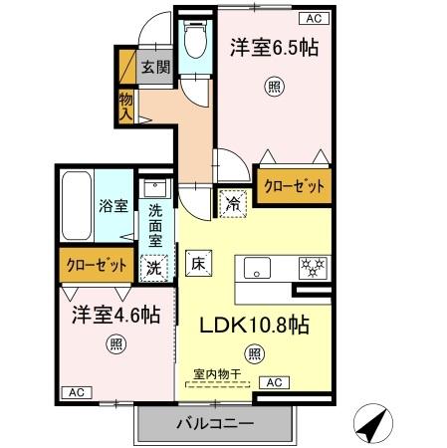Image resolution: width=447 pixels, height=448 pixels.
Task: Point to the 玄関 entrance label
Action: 154,68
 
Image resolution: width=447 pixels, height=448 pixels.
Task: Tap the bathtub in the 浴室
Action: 78,205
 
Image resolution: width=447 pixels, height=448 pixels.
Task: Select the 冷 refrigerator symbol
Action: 232,201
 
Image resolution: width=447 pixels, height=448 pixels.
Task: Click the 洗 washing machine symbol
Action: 154,267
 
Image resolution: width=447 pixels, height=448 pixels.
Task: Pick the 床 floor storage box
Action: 197,265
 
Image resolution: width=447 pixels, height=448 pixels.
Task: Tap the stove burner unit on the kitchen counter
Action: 315,267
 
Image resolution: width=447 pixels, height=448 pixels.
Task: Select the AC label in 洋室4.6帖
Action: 76,392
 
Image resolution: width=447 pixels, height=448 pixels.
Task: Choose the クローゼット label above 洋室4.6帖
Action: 96,265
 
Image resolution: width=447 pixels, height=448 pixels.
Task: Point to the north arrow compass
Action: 372,426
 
